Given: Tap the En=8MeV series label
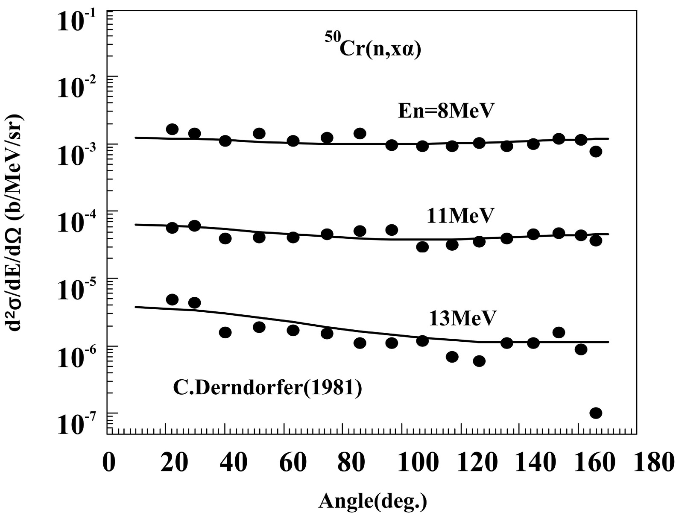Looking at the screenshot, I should tap(444, 111).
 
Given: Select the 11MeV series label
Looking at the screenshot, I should tap(459, 216).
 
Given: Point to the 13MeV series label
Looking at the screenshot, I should tap(462, 318).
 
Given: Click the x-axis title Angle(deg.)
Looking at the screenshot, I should tap(372, 500).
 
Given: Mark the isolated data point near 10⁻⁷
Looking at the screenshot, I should tap(596, 413).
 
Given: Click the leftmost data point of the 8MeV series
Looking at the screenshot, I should tap(172, 129).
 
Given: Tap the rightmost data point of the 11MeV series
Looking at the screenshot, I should tap(596, 241).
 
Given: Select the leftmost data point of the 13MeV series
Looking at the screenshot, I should tap(172, 299).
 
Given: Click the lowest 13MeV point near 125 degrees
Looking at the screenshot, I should tap(479, 361).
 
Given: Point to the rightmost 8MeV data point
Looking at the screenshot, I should tap(596, 151).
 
